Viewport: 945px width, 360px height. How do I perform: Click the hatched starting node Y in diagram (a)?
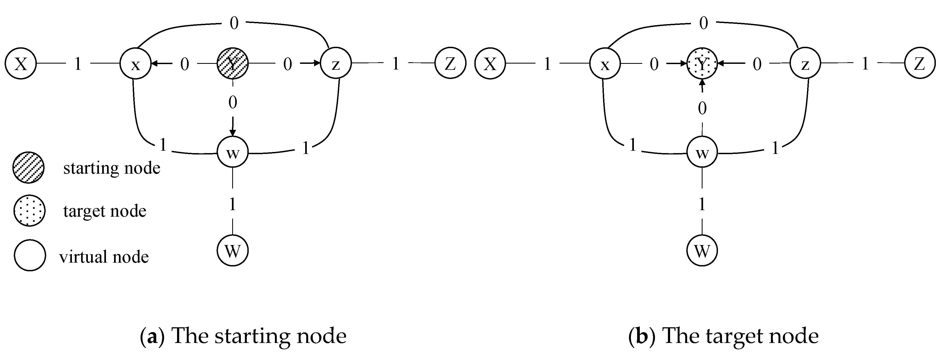[232, 64]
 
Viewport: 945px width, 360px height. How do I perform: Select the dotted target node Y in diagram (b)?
[702, 64]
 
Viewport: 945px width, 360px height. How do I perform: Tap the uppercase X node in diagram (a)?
[21, 64]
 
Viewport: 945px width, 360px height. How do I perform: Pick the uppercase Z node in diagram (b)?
[920, 64]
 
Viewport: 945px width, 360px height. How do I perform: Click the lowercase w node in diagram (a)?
[232, 152]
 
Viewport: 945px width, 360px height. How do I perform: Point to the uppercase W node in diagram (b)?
[702, 251]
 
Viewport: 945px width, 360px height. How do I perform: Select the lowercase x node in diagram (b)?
[605, 64]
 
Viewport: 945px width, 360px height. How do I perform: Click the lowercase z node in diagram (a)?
[336, 64]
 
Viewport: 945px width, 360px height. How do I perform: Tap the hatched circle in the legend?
[29, 168]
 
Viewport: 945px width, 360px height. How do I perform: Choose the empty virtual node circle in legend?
[30, 255]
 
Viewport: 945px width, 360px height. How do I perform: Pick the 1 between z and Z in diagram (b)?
[865, 64]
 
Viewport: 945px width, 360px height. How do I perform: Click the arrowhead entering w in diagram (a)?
[232, 133]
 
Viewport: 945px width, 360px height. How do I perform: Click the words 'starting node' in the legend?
[112, 168]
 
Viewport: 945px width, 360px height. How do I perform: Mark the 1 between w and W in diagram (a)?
[232, 204]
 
